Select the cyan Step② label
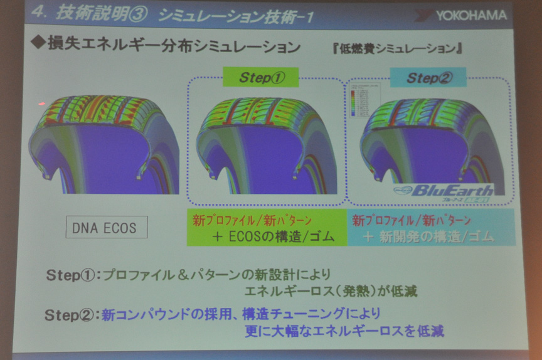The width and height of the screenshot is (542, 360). pos(428,78)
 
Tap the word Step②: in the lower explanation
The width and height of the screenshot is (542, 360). pos(71,315)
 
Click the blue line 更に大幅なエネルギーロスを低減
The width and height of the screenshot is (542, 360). pos(344,331)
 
